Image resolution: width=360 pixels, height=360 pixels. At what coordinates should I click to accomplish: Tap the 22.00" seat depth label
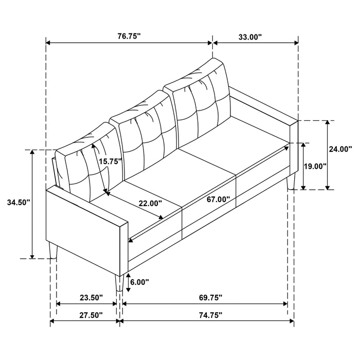click(150, 203)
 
